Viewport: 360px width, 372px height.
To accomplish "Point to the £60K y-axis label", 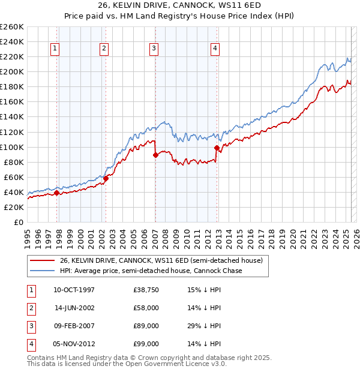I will click(14, 177).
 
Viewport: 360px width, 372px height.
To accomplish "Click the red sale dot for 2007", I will click(155, 155).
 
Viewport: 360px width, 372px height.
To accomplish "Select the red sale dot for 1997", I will click(57, 193).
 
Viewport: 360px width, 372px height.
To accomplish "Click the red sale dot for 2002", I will click(106, 178).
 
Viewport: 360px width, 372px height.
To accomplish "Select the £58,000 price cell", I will click(146, 308).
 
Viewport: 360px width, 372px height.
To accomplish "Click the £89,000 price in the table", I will click(146, 326).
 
